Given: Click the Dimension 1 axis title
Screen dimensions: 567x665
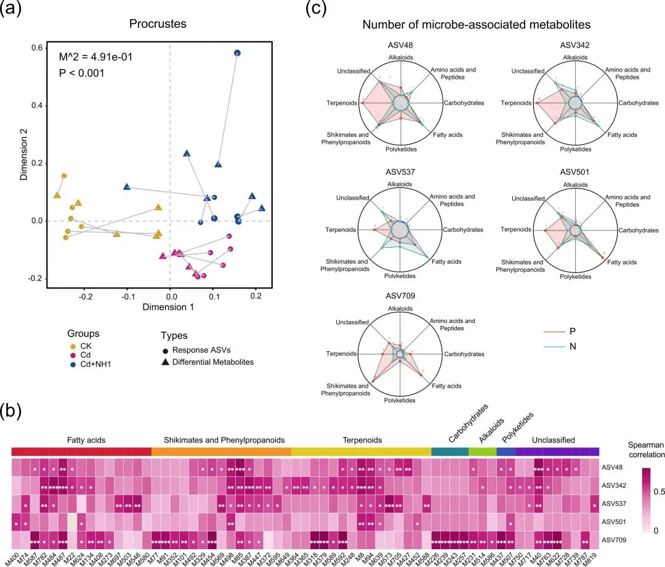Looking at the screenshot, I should coord(169,306).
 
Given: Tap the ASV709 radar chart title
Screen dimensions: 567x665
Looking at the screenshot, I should coord(401,295).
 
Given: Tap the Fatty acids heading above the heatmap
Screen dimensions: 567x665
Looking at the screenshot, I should coord(87,440).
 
